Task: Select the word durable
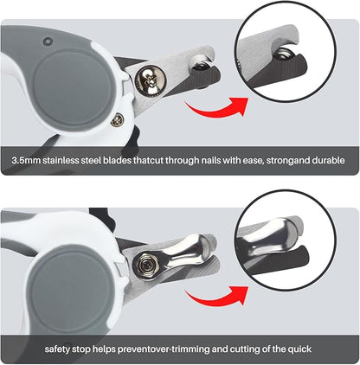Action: coord(326,160)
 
